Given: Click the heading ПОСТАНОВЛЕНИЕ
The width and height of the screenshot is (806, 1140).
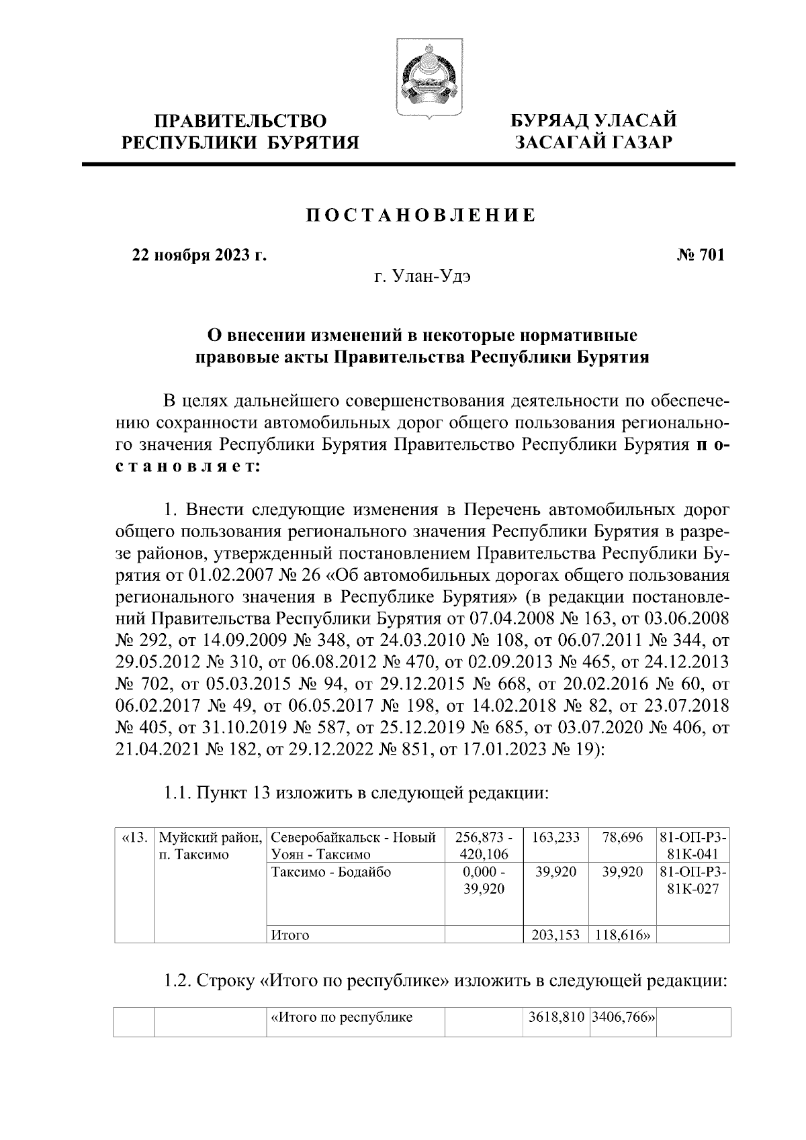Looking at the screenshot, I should [x=421, y=216].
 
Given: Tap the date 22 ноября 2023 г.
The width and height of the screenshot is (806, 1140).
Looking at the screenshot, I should [x=199, y=255].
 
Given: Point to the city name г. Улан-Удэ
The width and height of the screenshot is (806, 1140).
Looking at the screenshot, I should [x=422, y=277].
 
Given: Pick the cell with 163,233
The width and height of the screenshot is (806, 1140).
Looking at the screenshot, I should [x=555, y=838].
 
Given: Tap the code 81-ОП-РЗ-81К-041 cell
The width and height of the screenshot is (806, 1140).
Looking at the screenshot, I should [x=693, y=846].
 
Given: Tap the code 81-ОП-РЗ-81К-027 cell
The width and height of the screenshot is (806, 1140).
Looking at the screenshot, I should [x=693, y=881].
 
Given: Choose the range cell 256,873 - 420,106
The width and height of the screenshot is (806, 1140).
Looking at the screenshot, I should [x=484, y=846].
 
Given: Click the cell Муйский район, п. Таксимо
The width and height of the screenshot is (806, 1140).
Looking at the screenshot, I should [x=210, y=846].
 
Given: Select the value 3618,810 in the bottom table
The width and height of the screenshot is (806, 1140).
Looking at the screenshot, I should [x=555, y=1017].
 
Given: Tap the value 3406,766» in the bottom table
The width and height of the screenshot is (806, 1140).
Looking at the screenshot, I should [x=623, y=1017].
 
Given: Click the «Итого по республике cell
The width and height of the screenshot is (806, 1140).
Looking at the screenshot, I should [x=341, y=1017].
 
